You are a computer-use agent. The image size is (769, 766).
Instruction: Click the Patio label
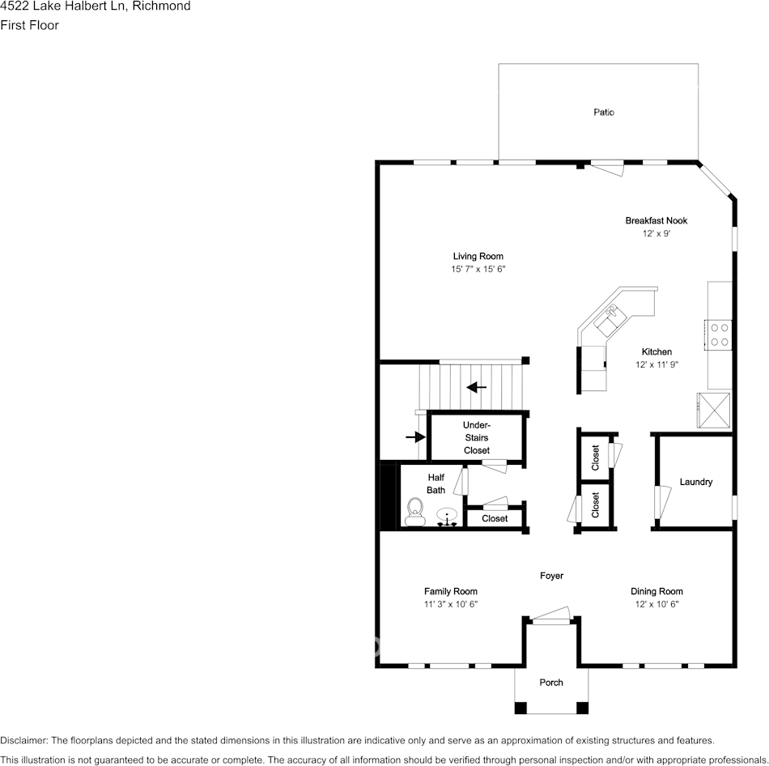(x=604, y=113)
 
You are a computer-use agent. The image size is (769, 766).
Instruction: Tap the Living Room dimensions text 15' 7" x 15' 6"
(x=478, y=269)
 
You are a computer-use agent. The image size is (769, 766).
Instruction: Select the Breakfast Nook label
(x=656, y=220)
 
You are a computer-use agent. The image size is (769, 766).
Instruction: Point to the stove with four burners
(x=719, y=334)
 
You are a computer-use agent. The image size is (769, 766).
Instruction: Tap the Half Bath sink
(x=447, y=516)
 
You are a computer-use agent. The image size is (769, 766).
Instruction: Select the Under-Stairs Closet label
(x=476, y=438)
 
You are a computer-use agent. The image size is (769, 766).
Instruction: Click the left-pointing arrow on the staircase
(x=477, y=387)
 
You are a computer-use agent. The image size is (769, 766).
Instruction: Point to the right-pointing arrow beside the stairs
(x=415, y=437)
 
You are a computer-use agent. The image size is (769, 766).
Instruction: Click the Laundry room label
(x=695, y=482)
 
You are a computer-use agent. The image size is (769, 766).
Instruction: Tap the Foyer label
(x=551, y=576)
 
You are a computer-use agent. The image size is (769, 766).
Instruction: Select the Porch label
(x=551, y=683)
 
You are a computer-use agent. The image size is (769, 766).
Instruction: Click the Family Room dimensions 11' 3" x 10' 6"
(x=451, y=604)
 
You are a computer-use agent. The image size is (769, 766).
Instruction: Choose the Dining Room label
(x=656, y=591)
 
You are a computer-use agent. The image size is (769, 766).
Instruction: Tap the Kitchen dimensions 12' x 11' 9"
(x=656, y=364)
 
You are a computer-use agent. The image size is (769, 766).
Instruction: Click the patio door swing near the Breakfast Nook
(x=608, y=168)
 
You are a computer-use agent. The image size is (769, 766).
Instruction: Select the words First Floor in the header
(x=29, y=25)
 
